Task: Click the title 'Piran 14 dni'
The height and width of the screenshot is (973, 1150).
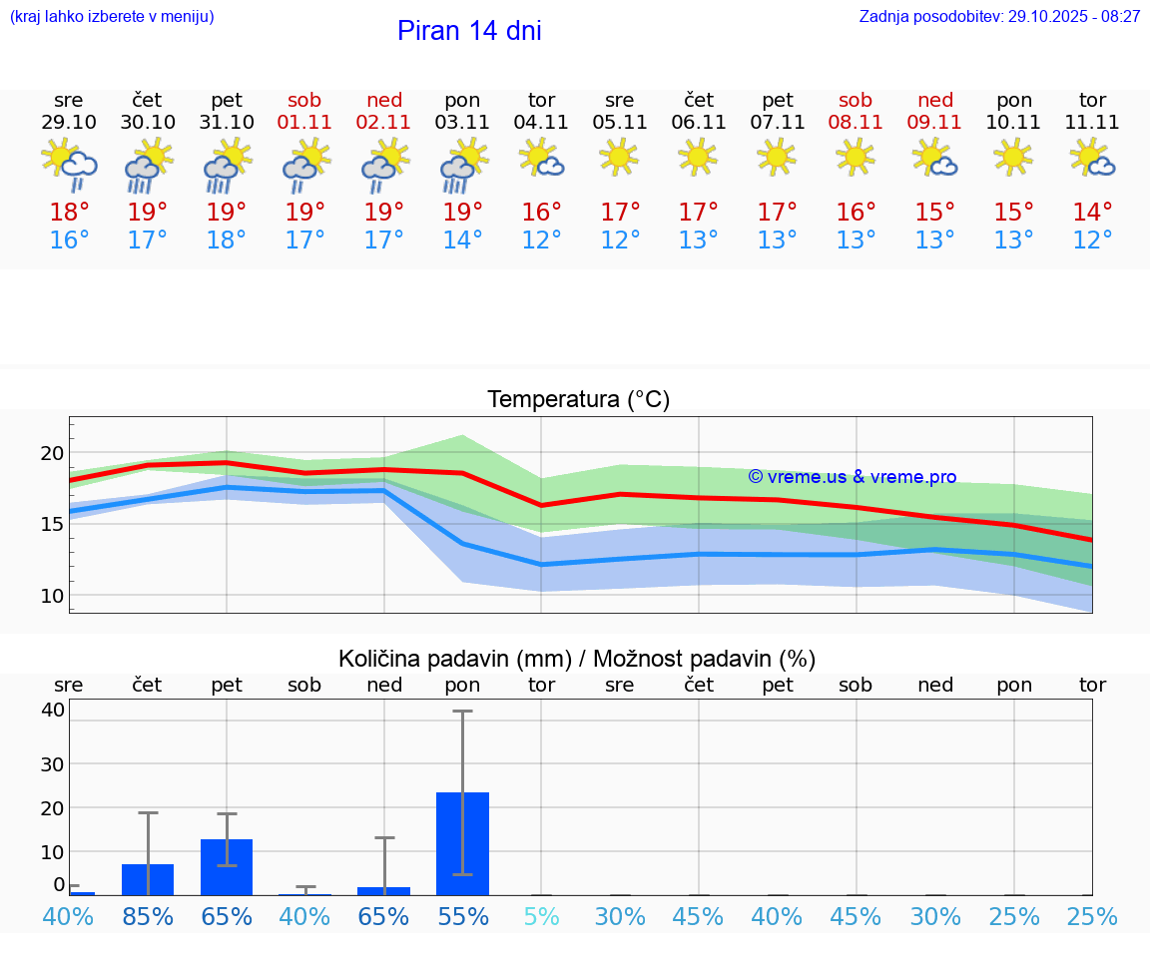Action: pyautogui.click(x=469, y=31)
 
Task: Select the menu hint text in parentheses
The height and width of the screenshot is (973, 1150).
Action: pyautogui.click(x=112, y=17)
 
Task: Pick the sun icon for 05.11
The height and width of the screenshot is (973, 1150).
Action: pyautogui.click(x=619, y=156)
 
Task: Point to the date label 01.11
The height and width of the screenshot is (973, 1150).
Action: pyautogui.click(x=305, y=123)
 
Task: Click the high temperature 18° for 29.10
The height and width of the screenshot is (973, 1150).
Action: pyautogui.click(x=69, y=213)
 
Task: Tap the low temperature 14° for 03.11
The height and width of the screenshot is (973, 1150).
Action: pyautogui.click(x=462, y=241)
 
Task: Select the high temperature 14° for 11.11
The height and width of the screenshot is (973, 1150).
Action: pyautogui.click(x=1092, y=213)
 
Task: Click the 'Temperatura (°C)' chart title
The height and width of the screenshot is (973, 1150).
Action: pyautogui.click(x=578, y=400)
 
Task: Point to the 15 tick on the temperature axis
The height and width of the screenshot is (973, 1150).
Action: pyautogui.click(x=52, y=524)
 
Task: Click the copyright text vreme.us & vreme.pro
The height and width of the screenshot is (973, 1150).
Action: pyautogui.click(x=853, y=477)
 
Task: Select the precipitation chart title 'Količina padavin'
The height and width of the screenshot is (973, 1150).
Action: pyautogui.click(x=577, y=659)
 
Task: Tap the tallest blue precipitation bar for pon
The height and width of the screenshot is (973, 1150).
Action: pyautogui.click(x=462, y=843)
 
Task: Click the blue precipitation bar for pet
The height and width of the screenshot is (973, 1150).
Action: pyautogui.click(x=227, y=866)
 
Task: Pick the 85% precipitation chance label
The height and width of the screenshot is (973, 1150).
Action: pyautogui.click(x=148, y=917)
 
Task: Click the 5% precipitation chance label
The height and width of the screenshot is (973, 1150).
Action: pyautogui.click(x=541, y=917)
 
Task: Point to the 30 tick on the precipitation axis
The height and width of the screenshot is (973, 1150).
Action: pyautogui.click(x=52, y=764)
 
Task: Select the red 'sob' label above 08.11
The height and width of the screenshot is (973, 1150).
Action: pyautogui.click(x=856, y=100)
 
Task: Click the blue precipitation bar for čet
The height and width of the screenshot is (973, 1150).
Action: pyautogui.click(x=148, y=879)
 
